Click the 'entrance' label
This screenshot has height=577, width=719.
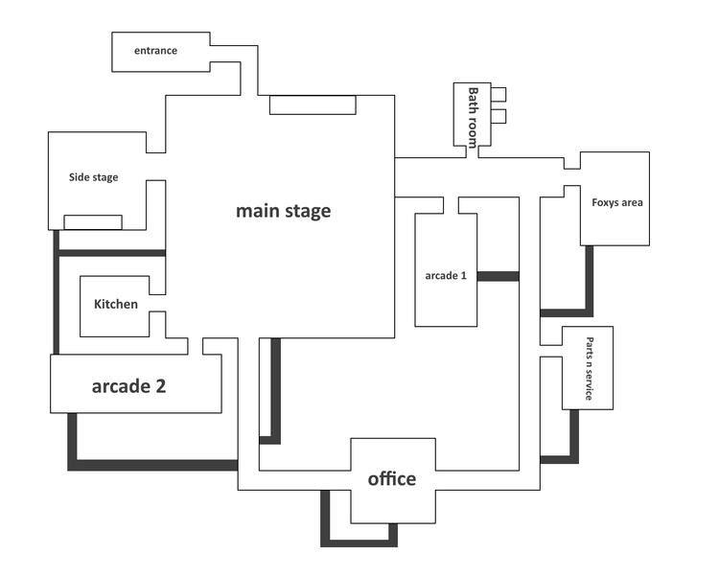point(155,51)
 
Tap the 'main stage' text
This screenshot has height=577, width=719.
point(283,211)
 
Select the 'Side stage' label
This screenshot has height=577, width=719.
point(94,177)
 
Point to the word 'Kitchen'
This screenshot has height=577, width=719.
point(116,305)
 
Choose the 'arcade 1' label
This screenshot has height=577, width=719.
point(446,276)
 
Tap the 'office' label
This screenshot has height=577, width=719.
point(392,478)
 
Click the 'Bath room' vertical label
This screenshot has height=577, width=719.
point(472,111)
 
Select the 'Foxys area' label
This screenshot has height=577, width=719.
point(617,202)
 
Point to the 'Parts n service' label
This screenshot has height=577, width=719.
point(590,369)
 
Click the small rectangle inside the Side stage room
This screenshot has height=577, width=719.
point(93,222)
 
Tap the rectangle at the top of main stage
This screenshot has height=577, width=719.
point(313,104)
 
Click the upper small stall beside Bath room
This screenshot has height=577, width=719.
point(498,94)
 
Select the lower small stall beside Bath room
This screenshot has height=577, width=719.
point(498,117)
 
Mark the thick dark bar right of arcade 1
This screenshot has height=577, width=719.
point(498,276)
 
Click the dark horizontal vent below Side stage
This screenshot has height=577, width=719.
point(110,253)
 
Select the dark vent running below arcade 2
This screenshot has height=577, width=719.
point(153,465)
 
